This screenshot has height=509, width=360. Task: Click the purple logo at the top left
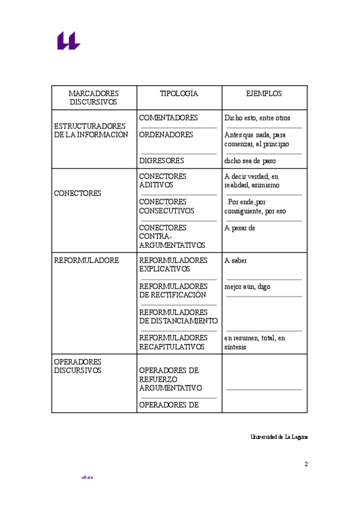68,41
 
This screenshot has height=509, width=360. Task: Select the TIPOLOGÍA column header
179,94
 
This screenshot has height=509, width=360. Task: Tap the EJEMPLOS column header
264,94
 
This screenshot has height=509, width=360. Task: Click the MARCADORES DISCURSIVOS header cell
94,98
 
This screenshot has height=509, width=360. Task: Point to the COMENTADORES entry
169,118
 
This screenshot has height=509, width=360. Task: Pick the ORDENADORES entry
166,134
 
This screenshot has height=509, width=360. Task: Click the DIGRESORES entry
161,161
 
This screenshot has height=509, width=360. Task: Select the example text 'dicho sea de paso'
250,161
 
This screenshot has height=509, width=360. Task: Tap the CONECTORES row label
77,193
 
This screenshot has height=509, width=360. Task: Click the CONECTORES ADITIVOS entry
163,181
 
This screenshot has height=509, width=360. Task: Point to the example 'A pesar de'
240,228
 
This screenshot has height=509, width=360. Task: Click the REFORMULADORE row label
86,261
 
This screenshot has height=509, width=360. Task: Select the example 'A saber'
236,261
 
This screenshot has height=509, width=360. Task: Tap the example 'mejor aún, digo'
247,287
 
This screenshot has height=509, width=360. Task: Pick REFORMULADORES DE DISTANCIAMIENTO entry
178,316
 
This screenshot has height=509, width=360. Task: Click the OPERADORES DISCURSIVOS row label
77,366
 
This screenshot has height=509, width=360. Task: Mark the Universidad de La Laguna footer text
279,437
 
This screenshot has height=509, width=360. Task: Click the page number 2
306,464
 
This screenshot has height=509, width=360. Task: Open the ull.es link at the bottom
87,477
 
